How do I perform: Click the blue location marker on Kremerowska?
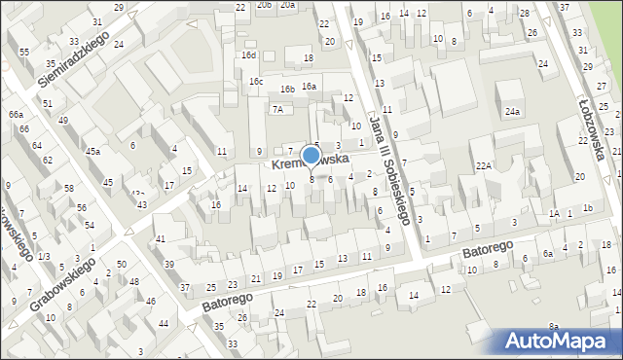[x=311, y=154]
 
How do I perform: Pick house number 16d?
[x=249, y=55]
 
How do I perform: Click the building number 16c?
[x=255, y=82]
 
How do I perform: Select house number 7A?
[x=277, y=109]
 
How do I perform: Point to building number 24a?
[x=512, y=112]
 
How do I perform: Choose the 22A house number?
[x=483, y=166]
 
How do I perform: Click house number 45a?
[x=92, y=152]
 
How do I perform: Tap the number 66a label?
[x=16, y=115]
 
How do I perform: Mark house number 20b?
[x=264, y=5]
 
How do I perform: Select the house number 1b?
[x=587, y=208]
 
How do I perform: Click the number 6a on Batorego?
[x=548, y=253]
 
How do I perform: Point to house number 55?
[x=23, y=52]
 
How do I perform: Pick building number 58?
[x=69, y=187]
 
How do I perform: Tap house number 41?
[x=161, y=238]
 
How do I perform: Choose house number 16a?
[x=309, y=87]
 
